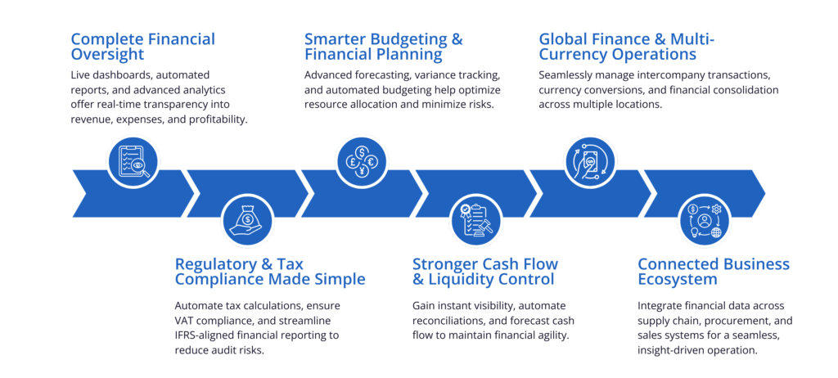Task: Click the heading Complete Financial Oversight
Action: pos(142,47)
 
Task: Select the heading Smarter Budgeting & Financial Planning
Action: pos(384,47)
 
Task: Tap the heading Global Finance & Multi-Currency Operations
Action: pos(627,47)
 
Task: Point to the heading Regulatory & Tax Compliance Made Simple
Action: pos(270,272)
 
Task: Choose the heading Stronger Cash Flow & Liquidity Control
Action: pos(485,272)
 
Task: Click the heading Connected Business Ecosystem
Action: pos(714,272)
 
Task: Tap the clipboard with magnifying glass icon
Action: pos(133,160)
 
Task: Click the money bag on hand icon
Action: pos(247,220)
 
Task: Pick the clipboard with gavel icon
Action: pos(475,220)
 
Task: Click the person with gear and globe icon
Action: pos(705,220)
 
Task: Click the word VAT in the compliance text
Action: pos(184,321)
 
